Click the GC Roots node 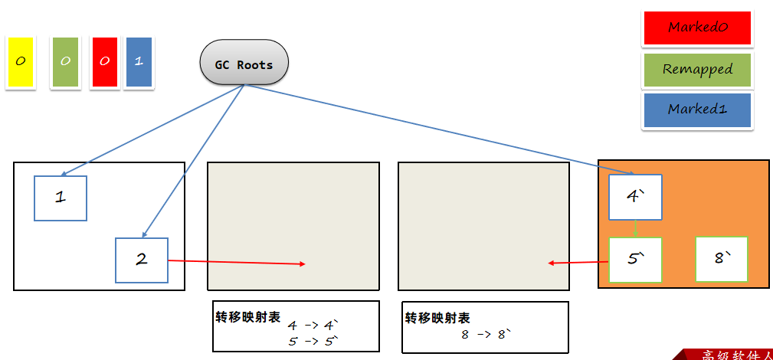244,64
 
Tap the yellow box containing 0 20,61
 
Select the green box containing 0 65,61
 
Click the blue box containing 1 139,61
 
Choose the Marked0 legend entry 697,28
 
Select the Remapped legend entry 697,70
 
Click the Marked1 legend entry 697,110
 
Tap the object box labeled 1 61,198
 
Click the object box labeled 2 141,260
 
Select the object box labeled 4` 635,197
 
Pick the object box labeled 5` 635,260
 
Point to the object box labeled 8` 721,259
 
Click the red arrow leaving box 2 237,263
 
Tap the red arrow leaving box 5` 578,263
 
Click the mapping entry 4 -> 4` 312,325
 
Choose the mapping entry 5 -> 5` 312,342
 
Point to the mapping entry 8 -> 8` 485,335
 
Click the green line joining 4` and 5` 635,229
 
